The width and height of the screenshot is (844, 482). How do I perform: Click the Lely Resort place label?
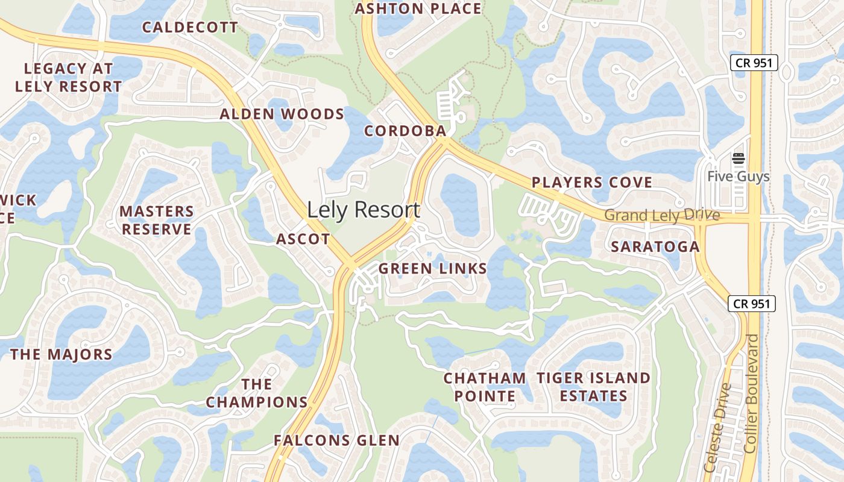(364, 210)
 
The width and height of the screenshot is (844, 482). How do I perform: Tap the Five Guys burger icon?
(738, 159)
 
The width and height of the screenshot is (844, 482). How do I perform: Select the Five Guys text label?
(738, 176)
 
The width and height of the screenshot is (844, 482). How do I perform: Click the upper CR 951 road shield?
(754, 62)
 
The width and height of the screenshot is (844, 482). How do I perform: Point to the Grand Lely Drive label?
(662, 215)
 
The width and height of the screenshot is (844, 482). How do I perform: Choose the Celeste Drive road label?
(718, 427)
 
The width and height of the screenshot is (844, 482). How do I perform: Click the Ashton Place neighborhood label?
(418, 8)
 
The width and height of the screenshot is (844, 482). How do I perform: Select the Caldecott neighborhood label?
(190, 27)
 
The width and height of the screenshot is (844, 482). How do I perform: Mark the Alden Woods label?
(282, 114)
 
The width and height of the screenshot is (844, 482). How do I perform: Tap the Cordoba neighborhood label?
(405, 131)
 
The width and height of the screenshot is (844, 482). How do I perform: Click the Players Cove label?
(592, 182)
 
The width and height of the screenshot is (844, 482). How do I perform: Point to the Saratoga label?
(655, 246)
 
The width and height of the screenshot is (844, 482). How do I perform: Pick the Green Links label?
(433, 269)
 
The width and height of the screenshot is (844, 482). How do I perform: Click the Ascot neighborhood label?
(303, 239)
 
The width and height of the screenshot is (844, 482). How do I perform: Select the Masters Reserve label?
(157, 220)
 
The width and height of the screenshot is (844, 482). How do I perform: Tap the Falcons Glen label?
(336, 440)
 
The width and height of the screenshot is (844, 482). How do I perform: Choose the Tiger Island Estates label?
(594, 387)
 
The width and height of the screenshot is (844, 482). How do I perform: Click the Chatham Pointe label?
(485, 387)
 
